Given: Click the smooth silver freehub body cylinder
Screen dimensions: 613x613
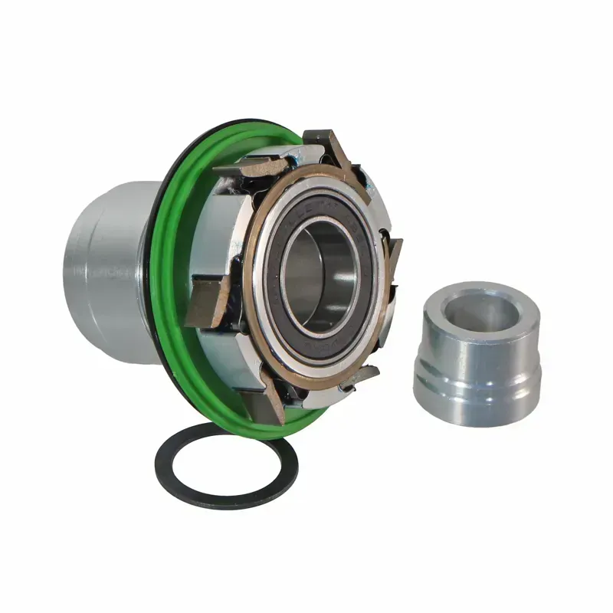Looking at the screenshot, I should point(107,268).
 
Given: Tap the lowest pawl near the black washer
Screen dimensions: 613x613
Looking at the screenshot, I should point(268,406).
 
